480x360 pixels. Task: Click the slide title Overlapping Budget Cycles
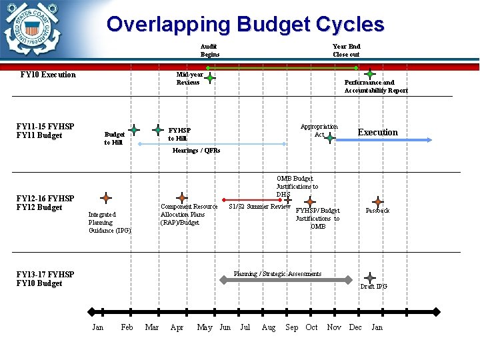(245, 25)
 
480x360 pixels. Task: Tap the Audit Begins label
(209, 51)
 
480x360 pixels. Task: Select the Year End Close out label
(346, 51)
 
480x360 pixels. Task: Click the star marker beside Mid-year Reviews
(210, 78)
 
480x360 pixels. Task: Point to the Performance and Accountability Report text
(376, 87)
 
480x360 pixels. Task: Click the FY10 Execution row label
(48, 75)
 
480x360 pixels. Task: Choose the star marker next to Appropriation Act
(330, 138)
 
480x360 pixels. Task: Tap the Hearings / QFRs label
(196, 151)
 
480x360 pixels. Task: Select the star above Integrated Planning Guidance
(106, 198)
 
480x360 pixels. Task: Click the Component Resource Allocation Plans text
(189, 215)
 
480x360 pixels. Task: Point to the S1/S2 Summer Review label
(259, 207)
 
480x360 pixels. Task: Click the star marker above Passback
(378, 201)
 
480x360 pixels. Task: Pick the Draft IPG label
(373, 287)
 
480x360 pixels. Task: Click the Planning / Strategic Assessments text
(277, 274)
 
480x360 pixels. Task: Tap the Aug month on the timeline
(269, 327)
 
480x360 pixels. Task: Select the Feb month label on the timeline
(127, 327)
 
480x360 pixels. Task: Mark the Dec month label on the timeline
(355, 327)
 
